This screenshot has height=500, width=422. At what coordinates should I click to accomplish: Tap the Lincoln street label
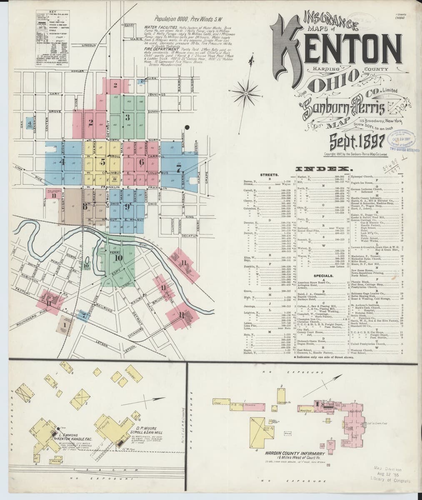89,45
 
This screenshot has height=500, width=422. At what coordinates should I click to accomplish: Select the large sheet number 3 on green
127,117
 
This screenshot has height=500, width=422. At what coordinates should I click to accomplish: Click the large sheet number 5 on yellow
102,163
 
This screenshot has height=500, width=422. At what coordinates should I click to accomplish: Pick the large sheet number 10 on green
118,258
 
